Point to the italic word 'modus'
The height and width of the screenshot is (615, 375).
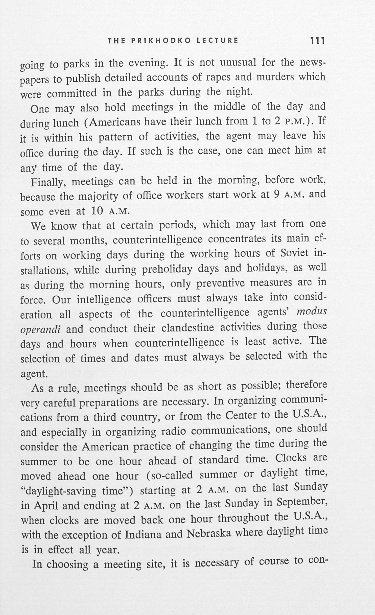(312, 312)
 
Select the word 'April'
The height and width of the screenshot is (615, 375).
(46, 506)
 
